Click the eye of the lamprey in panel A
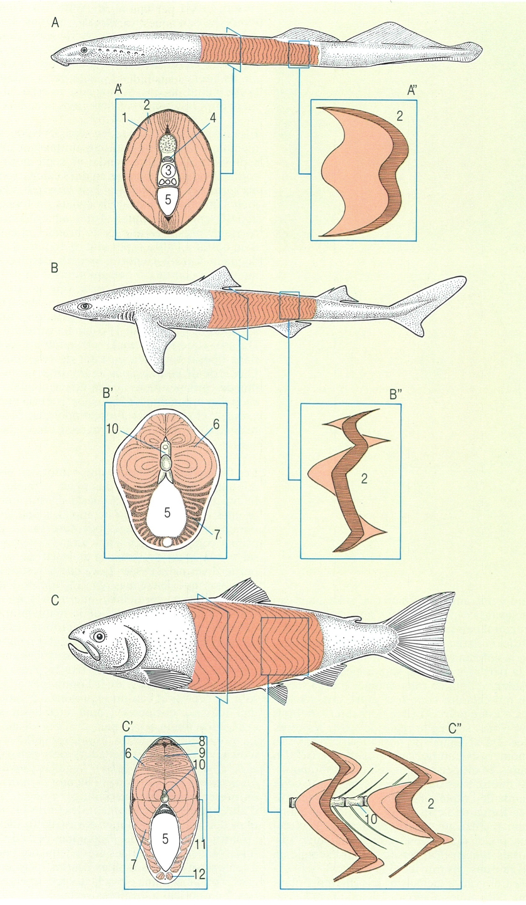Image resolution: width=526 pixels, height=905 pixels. (x=84, y=50)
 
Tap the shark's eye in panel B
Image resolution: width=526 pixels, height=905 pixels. (x=85, y=306)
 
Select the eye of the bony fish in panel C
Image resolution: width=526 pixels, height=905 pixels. (x=99, y=637)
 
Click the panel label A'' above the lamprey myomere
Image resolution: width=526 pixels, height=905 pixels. (x=412, y=92)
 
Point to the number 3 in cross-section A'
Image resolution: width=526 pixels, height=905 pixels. (x=167, y=172)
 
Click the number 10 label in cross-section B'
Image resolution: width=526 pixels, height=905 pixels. (x=112, y=429)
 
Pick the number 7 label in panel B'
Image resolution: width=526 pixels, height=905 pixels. (x=217, y=534)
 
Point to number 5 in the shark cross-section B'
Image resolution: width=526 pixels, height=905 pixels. (x=167, y=512)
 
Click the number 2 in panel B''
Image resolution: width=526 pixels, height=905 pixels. (x=364, y=479)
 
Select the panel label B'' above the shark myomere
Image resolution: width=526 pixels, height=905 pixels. (x=395, y=395)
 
